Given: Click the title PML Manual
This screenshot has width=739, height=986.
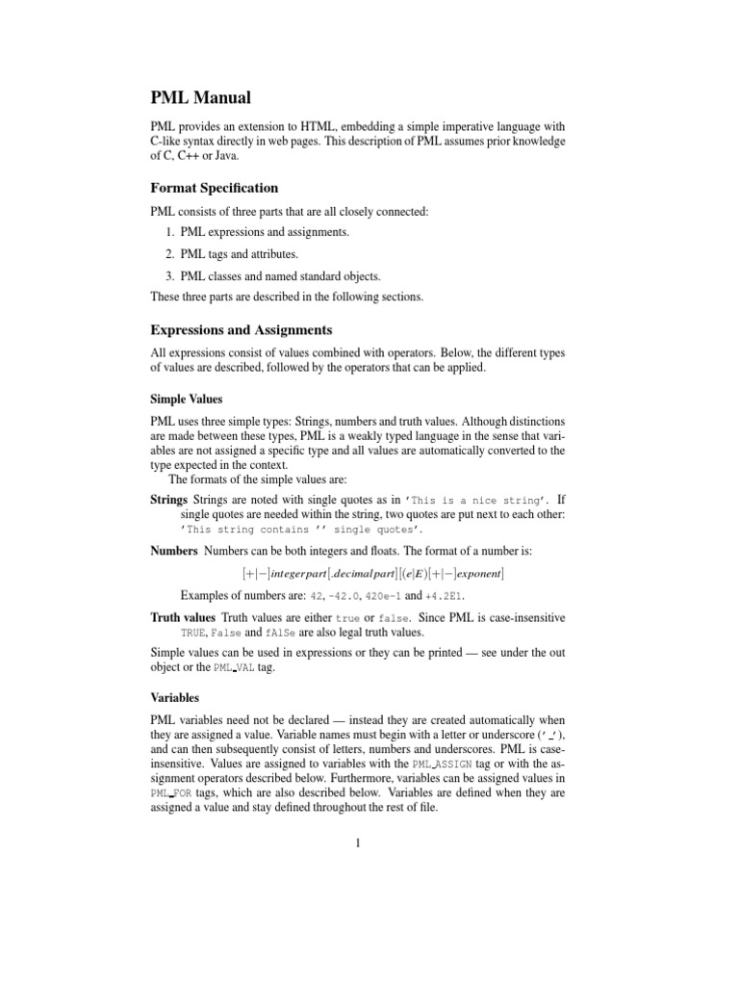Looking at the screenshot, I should pos(201,97).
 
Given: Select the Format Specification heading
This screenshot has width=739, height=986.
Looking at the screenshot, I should pos(214,188).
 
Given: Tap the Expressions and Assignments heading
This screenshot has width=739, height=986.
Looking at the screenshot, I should pos(241,329).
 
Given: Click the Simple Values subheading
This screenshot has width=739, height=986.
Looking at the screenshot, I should pos(187,398).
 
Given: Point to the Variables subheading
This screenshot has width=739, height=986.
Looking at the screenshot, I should pos(174,697).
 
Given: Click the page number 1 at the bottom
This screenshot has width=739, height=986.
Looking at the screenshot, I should pos(357,844).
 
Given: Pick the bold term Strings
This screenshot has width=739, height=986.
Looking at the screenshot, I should pos(169,500).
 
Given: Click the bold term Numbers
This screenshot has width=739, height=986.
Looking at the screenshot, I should pos(173,551).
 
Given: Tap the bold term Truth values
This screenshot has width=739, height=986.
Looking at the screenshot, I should pos(184,616).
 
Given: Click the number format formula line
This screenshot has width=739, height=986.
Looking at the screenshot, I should pos(373,574).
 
